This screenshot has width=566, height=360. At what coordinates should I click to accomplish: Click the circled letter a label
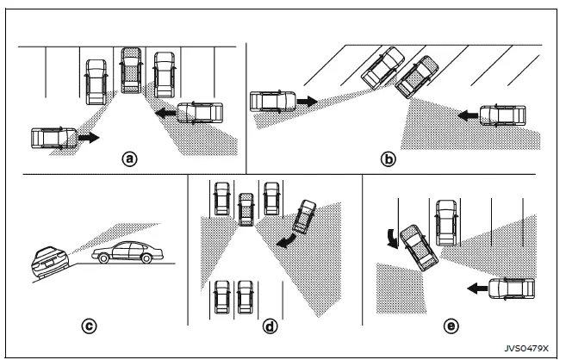(x=129, y=158)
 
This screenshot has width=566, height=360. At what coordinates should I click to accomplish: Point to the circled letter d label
(x=270, y=326)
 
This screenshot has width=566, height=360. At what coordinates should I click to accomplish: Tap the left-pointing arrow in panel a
(x=162, y=112)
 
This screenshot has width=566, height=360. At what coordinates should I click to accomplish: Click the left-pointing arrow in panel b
(x=465, y=114)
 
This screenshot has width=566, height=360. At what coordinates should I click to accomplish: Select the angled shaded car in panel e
(x=418, y=245)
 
